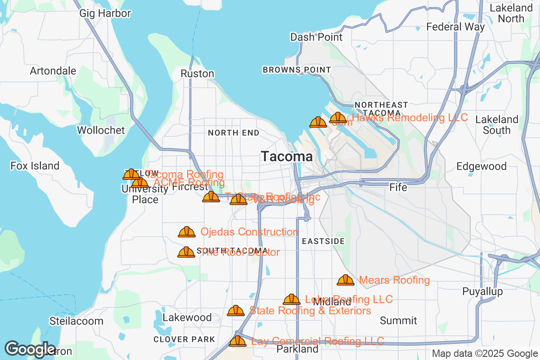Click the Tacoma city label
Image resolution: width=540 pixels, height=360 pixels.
point(287,157)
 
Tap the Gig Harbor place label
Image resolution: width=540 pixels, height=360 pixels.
point(105,13)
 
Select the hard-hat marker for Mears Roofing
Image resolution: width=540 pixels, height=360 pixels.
point(346,280)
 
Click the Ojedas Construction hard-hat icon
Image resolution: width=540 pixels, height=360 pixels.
point(187,232)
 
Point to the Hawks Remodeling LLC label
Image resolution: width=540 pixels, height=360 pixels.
point(409,118)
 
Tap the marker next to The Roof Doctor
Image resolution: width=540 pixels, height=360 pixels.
point(186,252)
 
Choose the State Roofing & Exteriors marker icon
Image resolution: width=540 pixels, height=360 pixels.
point(236,310)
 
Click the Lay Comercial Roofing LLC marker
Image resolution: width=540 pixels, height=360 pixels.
point(238,341)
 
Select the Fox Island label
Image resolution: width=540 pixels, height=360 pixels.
point(35,166)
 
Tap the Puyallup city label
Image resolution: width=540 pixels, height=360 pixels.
point(482,292)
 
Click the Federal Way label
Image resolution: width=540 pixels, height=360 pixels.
point(455,27)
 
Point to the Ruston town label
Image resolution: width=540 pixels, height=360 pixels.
point(197,73)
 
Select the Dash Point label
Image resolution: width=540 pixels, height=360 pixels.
point(316,37)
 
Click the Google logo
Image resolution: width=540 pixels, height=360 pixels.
point(30,349)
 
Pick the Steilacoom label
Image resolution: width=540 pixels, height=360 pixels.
point(76,321)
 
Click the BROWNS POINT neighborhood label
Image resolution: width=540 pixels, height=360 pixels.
point(297,70)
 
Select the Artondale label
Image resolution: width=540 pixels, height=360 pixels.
point(53,71)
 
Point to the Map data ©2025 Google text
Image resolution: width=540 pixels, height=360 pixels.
point(485,354)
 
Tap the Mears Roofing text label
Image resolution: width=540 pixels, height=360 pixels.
point(394,280)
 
